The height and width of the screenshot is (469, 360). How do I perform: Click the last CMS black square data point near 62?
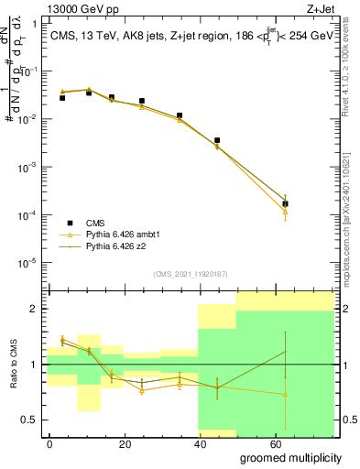(x=286, y=203)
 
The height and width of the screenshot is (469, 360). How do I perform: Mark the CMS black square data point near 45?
(x=217, y=140)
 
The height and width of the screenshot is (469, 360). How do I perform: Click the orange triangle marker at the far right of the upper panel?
(x=286, y=212)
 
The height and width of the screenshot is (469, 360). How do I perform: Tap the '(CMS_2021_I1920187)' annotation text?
(x=190, y=274)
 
